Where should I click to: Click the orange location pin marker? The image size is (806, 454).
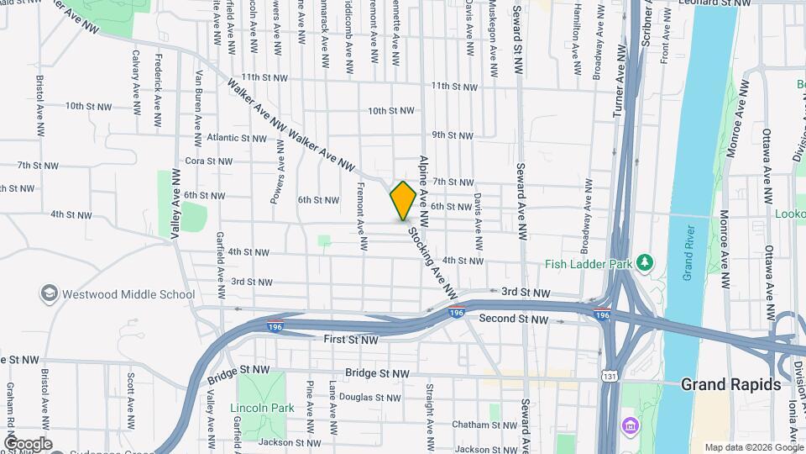(x=403, y=200)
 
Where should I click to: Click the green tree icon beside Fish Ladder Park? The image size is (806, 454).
(x=644, y=261)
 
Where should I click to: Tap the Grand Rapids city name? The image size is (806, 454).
(x=730, y=384)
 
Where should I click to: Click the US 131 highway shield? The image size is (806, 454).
(x=608, y=376)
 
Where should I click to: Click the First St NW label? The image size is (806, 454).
(x=351, y=340)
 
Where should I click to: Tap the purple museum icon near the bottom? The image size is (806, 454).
(x=630, y=426)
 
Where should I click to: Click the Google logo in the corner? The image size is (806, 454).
(x=28, y=443)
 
